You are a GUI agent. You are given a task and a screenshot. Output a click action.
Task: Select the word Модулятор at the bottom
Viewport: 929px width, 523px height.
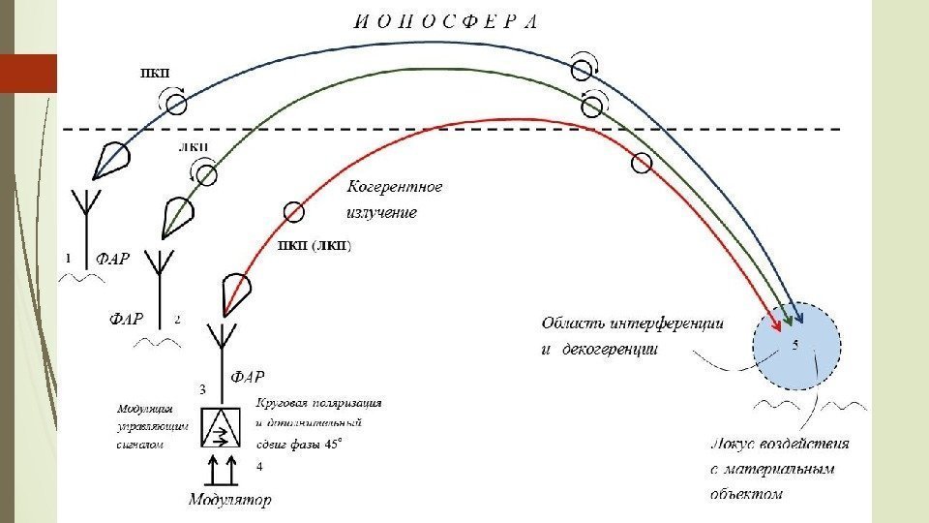[229, 500]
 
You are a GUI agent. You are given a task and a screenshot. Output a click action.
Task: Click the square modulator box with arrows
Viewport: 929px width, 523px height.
[222, 427]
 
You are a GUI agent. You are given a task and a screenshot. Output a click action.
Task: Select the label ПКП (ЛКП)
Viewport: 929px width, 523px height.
[315, 245]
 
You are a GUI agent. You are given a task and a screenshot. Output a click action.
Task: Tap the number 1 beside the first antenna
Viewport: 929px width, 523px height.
[68, 258]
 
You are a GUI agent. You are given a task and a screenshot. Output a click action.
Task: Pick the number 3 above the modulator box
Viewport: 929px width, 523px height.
[202, 389]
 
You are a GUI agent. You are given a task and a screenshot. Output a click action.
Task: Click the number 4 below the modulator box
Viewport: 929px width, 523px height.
[258, 467]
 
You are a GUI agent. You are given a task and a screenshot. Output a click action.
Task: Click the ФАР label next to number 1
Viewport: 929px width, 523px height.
[112, 259]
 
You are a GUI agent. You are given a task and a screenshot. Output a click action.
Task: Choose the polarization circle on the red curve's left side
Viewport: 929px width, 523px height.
[293, 211]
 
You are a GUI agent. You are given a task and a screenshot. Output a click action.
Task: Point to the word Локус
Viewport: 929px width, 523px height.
[733, 445]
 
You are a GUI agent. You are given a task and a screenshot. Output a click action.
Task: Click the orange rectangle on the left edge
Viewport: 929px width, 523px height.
[28, 74]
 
